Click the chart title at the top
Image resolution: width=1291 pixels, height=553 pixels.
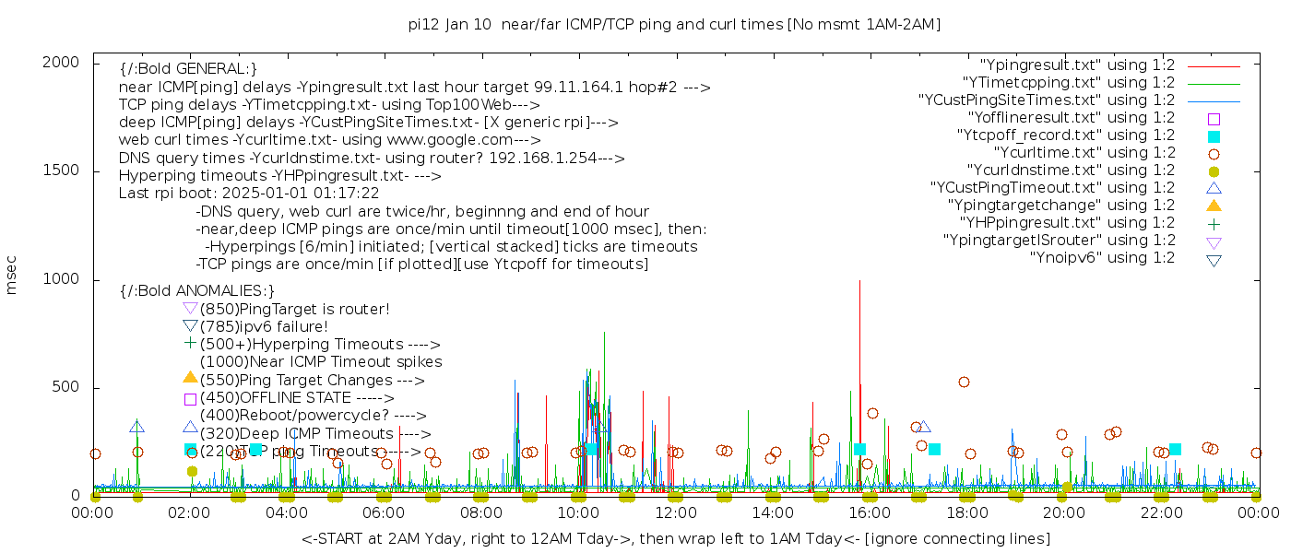pos(674,25)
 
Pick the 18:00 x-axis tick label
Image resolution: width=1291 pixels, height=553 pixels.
pos(967,513)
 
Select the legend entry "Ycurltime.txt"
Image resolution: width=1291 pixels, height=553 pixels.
pos(1084,153)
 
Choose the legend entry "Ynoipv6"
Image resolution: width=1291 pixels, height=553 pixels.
pos(1102,258)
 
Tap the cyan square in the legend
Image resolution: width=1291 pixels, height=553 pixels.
pos(1214,136)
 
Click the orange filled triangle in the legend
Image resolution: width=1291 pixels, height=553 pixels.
pos(1214,206)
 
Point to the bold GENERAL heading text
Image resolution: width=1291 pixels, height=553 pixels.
pos(188,69)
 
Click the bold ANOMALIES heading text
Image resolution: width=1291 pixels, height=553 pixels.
pos(197,290)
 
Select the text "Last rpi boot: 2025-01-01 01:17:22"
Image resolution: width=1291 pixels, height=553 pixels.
pos(249,194)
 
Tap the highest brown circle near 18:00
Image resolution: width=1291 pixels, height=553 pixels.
pos(964,382)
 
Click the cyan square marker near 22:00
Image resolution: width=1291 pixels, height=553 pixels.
pos(1175,449)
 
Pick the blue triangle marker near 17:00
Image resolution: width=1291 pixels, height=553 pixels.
pos(924,427)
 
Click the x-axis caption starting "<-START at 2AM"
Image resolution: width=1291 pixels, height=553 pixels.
pos(675,538)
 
